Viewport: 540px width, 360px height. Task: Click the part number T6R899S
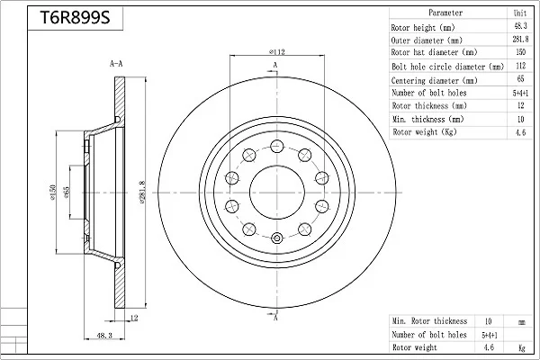pyautogui.click(x=75, y=18)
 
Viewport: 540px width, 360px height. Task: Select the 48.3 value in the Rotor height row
pyautogui.click(x=520, y=26)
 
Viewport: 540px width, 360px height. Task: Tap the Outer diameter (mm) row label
pyautogui.click(x=427, y=40)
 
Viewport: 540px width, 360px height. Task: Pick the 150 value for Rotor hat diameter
pyautogui.click(x=520, y=52)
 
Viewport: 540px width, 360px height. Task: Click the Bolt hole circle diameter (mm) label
pyautogui.click(x=447, y=67)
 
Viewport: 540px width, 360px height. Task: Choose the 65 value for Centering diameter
pyautogui.click(x=520, y=78)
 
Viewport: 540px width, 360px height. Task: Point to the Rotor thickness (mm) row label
pyautogui.click(x=429, y=105)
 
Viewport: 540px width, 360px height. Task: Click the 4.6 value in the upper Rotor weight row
pyautogui.click(x=520, y=132)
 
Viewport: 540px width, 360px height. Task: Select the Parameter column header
pyautogui.click(x=445, y=13)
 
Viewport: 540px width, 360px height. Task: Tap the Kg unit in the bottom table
pyautogui.click(x=522, y=348)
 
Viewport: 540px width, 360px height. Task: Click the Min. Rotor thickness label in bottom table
pyautogui.click(x=429, y=321)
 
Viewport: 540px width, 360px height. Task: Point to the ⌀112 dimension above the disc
pyautogui.click(x=277, y=52)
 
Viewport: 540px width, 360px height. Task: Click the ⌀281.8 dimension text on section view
pyautogui.click(x=143, y=193)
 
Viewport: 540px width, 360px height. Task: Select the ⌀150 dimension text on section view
pyautogui.click(x=53, y=193)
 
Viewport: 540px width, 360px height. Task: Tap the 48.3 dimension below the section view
pyautogui.click(x=104, y=335)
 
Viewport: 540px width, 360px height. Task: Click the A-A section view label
pyautogui.click(x=116, y=64)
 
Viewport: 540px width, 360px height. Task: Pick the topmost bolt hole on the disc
pyautogui.click(x=277, y=146)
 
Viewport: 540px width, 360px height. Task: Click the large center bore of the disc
pyautogui.click(x=277, y=193)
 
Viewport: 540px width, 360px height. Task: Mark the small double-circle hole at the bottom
pyautogui.click(x=277, y=238)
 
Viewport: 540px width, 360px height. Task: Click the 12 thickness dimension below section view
pyautogui.click(x=134, y=318)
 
